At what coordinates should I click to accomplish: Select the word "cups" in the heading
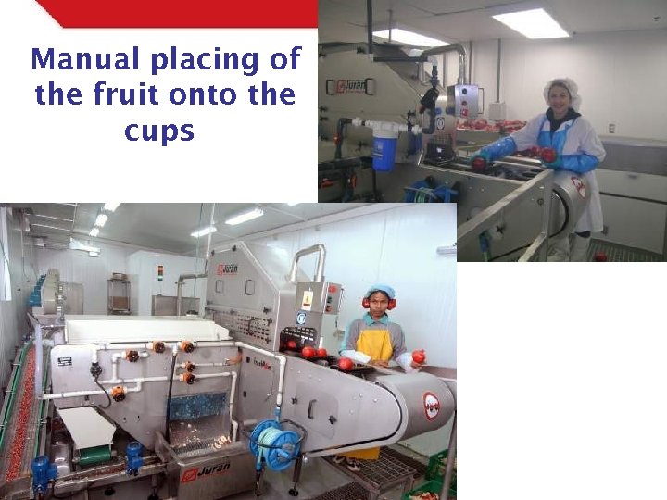159,131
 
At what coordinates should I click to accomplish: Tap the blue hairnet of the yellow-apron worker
380,292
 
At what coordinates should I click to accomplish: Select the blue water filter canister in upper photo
384,148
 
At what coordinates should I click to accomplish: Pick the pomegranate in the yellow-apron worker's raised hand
419,356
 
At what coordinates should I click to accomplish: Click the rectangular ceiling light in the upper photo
530,23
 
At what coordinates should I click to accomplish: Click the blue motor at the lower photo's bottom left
41,473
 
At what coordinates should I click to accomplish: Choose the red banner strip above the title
176,13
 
